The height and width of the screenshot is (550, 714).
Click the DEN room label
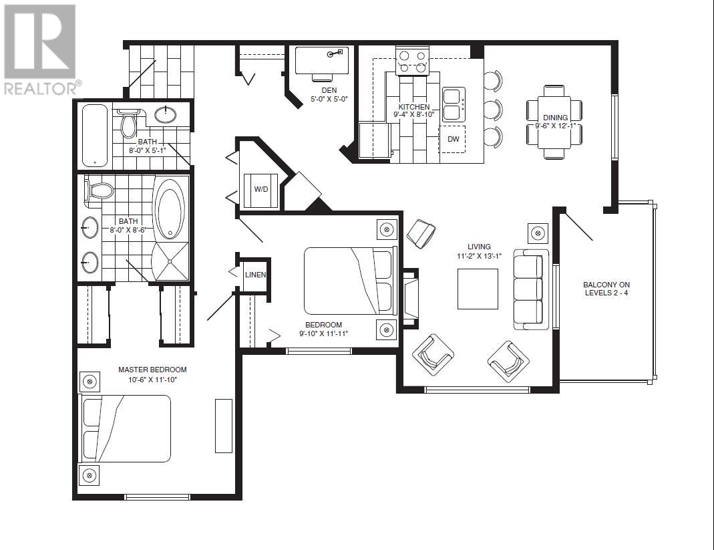click(x=329, y=90)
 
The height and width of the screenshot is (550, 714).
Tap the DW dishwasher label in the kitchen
click(x=453, y=139)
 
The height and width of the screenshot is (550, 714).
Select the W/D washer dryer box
click(x=261, y=189)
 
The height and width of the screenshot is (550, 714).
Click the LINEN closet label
click(x=255, y=275)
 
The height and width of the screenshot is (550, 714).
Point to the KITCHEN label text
click(x=414, y=107)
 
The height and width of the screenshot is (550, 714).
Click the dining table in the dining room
click(x=554, y=122)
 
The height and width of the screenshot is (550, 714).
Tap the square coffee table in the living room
click(x=478, y=289)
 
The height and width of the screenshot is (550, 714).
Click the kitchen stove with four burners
click(x=412, y=61)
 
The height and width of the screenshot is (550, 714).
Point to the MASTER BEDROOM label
click(x=152, y=370)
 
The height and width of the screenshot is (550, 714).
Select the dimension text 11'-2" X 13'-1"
click(x=479, y=256)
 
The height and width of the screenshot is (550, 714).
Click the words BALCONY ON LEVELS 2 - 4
click(x=606, y=289)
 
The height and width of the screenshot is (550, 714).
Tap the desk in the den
click(x=321, y=61)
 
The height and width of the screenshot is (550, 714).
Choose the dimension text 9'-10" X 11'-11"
click(x=324, y=333)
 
